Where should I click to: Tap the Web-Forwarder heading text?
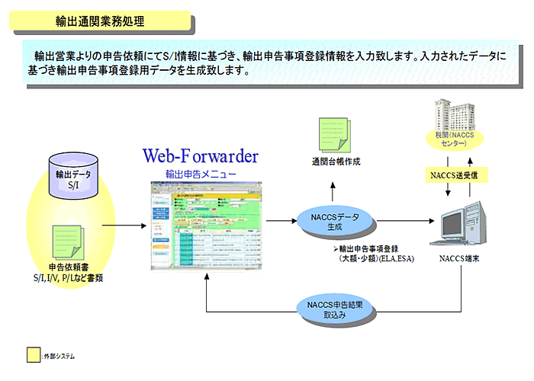tap(201, 157)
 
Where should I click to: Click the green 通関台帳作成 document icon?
tap(336, 133)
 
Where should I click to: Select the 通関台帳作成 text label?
tap(336, 162)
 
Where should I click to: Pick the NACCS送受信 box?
tap(456, 174)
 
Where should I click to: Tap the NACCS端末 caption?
tap(460, 258)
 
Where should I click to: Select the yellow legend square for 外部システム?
tap(34, 355)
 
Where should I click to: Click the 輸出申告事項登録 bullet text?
tap(371, 249)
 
